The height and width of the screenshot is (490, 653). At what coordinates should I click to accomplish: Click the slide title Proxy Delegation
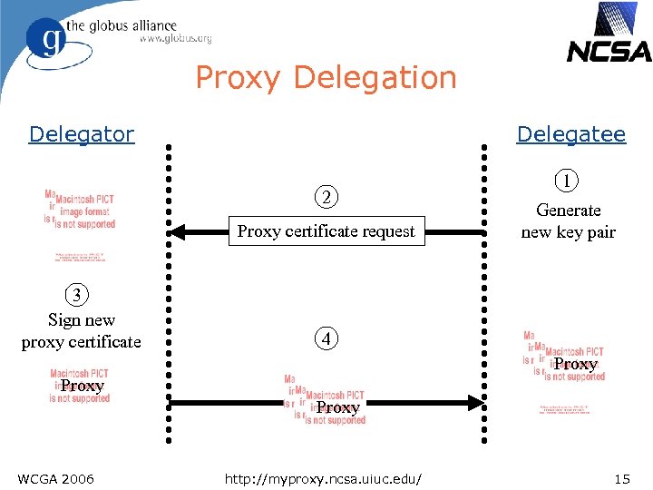pos(326,78)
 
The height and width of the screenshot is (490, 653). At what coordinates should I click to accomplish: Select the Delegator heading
pos(81,134)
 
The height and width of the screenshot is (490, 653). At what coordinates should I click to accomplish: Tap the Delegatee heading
pos(570,134)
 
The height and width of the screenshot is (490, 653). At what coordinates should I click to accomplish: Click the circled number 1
pos(567,181)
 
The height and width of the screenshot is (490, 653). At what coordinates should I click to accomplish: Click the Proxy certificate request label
pos(326,231)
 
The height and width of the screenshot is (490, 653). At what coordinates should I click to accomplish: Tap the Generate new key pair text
pos(568,220)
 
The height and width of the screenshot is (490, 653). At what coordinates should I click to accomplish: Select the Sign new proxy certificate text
pos(82,330)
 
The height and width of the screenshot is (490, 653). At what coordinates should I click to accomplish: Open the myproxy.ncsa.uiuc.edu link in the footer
pos(326,478)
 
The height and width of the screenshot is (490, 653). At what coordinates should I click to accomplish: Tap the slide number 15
pos(621,478)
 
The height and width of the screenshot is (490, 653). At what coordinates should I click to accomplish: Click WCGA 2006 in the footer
pos(55,478)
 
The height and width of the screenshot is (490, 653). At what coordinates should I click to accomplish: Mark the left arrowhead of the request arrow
pos(178,232)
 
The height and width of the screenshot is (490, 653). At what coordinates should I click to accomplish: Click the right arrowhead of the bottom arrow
pos(473,401)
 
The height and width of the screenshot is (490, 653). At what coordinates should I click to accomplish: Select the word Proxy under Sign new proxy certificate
pos(83,386)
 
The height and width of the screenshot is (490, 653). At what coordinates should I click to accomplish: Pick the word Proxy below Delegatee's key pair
pos(575,365)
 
